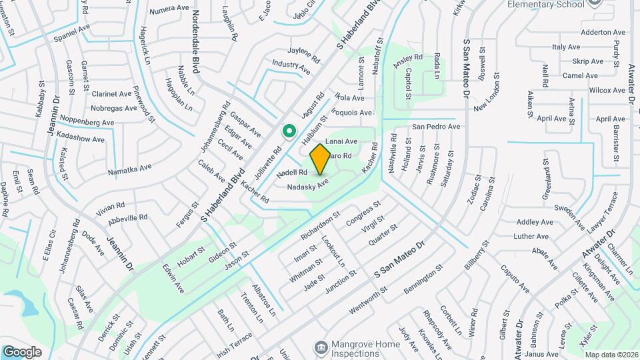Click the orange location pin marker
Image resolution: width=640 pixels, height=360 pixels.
tap(320, 159)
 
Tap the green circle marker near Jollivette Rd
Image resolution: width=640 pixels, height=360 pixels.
tap(289, 131)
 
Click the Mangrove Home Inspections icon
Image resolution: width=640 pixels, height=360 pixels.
tap(321, 347)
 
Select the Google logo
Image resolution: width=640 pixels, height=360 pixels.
tap(23, 351)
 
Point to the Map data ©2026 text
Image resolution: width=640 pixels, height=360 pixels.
tap(611, 355)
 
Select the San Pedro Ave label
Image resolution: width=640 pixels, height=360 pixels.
tap(436, 126)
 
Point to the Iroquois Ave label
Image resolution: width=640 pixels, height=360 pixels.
tap(353, 113)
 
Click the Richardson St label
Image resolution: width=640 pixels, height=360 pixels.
tap(320, 225)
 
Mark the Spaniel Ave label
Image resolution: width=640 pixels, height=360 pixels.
tap(71, 30)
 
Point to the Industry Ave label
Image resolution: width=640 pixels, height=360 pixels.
tap(291, 67)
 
